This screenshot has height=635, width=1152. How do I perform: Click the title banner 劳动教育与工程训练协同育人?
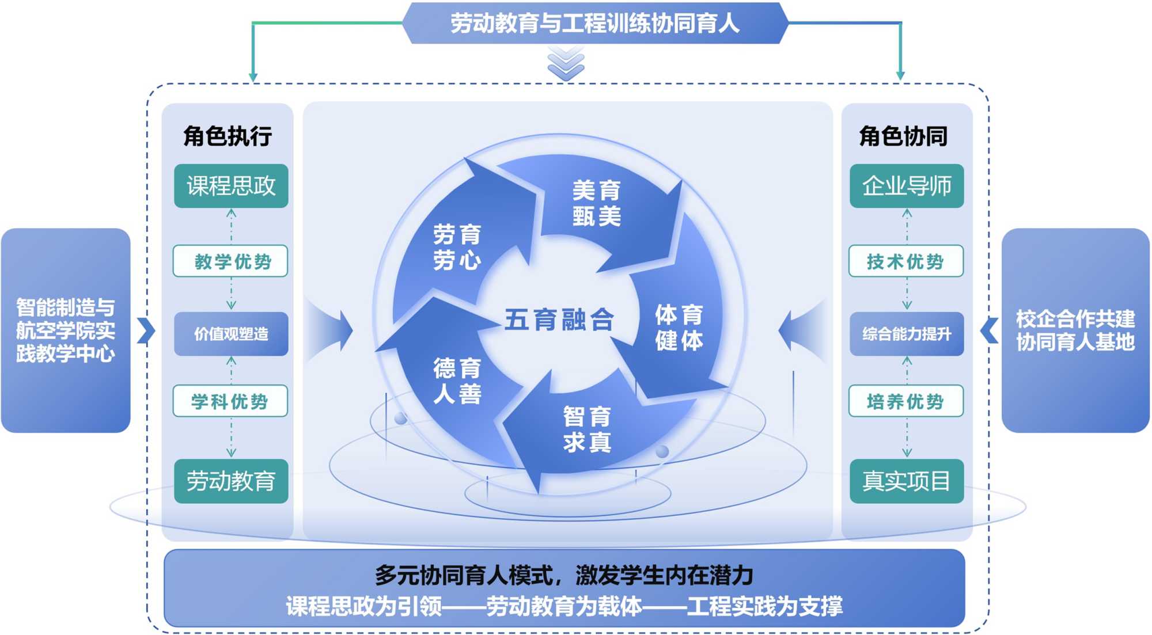(594, 23)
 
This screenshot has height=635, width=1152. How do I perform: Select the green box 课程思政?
(231, 186)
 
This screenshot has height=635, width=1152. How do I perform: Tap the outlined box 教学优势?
(231, 261)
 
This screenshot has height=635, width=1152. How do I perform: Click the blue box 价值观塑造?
(231, 334)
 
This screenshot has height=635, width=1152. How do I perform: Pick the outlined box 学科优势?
(231, 401)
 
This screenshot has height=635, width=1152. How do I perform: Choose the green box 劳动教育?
(231, 481)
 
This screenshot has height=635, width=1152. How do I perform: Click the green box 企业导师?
(906, 186)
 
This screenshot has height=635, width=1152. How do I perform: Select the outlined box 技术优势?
(906, 261)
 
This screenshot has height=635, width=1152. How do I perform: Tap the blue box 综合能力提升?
(906, 334)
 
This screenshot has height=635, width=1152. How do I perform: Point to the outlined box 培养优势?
(906, 401)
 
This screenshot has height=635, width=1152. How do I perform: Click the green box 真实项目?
(906, 481)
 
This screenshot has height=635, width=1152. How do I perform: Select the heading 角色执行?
(228, 136)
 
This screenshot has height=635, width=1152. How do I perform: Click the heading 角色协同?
(903, 136)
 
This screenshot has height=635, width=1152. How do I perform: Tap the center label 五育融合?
(559, 320)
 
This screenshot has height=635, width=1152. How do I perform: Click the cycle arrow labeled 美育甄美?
(597, 204)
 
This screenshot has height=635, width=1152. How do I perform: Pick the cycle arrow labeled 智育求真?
(586, 429)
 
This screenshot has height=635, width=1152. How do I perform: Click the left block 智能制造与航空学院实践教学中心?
(66, 330)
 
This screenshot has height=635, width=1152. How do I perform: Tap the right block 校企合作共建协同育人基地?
(1075, 330)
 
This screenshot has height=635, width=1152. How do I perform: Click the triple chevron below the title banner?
(566, 63)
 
